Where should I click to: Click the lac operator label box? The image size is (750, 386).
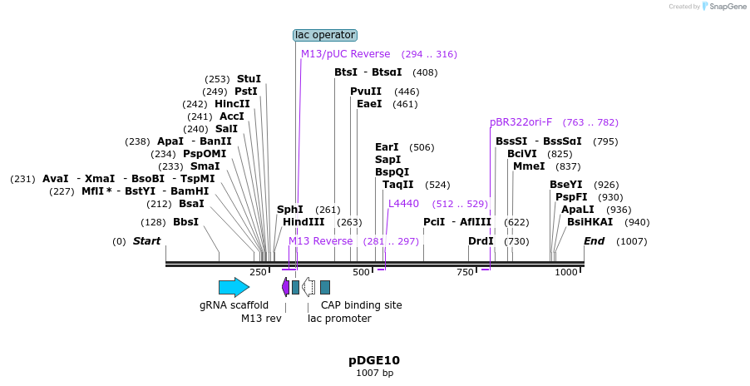(x=325, y=35)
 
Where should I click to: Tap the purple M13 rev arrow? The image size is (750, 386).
(x=285, y=287)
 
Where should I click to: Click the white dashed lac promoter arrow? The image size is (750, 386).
(x=308, y=287)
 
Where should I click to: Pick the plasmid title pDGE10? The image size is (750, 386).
(x=374, y=360)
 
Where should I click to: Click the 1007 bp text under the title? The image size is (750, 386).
(x=374, y=373)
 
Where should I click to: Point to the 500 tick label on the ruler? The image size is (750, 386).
(x=361, y=272)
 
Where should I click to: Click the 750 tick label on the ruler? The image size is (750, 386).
(x=465, y=272)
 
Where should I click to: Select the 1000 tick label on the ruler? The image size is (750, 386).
(x=565, y=272)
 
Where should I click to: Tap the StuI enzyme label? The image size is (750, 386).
(x=249, y=79)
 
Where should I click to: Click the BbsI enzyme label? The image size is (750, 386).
(x=185, y=222)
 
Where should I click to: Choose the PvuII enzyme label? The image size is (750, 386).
(x=366, y=92)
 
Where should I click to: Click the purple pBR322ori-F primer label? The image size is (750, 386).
(x=521, y=122)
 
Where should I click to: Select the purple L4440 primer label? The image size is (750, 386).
(x=404, y=204)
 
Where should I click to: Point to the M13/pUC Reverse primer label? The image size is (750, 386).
(x=345, y=54)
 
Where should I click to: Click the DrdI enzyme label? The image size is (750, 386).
(x=481, y=241)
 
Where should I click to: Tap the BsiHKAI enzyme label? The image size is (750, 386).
(x=590, y=222)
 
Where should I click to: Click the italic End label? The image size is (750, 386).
(x=594, y=241)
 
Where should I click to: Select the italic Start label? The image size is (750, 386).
(x=146, y=241)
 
